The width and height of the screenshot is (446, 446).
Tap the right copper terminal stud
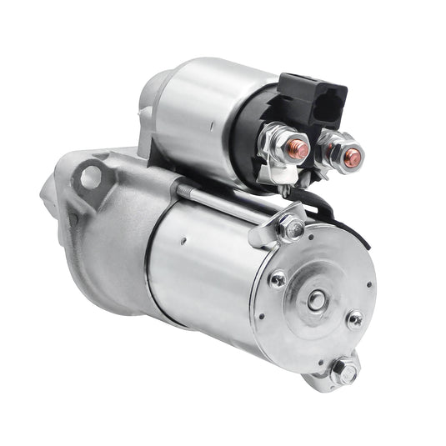pyautogui.click(x=352, y=156)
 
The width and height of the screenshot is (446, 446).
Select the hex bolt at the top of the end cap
pyautogui.click(x=291, y=225)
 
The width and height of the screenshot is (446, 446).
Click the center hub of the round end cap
pyautogui.click(x=316, y=300)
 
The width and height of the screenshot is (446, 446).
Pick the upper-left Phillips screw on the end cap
pyautogui.click(x=278, y=279)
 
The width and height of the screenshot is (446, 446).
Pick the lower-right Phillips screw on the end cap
pyautogui.click(x=355, y=319)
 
